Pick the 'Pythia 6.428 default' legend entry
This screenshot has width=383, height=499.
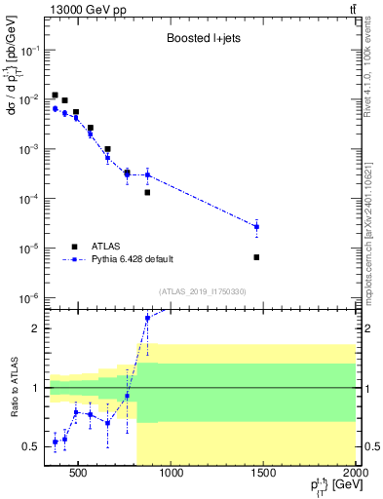132,259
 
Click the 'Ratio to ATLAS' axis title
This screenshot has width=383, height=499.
14,390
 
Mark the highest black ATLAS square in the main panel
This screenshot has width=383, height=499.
55,95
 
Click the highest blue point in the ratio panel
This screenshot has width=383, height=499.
147,318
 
